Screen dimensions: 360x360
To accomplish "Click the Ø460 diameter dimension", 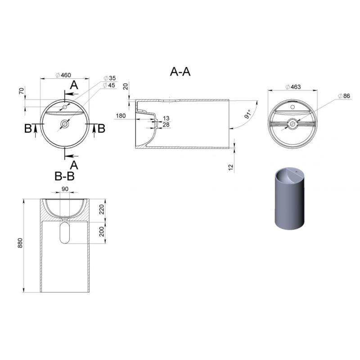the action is [63, 75].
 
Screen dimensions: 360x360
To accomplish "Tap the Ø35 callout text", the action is [109, 78].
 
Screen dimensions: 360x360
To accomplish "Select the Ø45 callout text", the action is [109, 85].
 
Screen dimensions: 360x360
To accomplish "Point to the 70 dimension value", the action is [22, 91].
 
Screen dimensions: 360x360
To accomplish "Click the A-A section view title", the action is [180, 72].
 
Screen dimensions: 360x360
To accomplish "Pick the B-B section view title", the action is [64, 176].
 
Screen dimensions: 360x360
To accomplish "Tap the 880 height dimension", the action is [20, 243].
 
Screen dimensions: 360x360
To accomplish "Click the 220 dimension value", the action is [102, 209].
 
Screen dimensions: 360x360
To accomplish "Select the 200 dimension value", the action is [102, 231].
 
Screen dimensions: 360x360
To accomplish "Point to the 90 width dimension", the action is [65, 189].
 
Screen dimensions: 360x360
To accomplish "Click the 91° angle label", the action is [248, 114].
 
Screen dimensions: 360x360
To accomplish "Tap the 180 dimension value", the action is [121, 116].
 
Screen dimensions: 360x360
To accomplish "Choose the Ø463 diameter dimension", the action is [293, 87].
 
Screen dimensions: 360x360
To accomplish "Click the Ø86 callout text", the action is [344, 96].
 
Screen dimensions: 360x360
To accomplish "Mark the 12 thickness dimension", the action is [231, 167].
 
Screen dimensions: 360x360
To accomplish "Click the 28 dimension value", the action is [166, 125].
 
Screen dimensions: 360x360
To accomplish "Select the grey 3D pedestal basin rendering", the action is [289, 199].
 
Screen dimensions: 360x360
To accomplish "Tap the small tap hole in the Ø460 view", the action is [65, 107].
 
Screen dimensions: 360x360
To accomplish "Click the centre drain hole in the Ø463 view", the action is [292, 124].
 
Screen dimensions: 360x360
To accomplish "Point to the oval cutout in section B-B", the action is [64, 231].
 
